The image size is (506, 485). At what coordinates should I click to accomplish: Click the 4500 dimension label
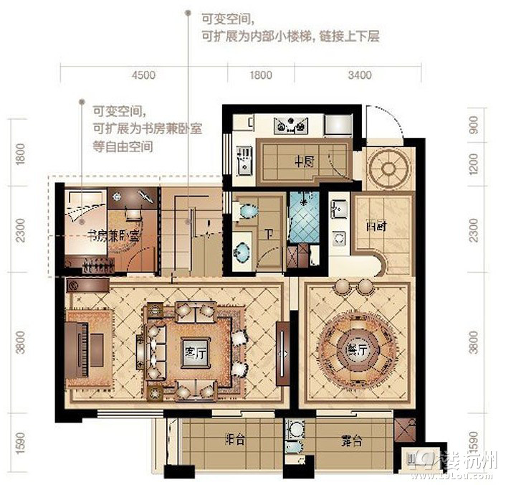click(144, 75)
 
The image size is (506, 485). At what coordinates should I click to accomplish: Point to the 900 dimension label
click(474, 126)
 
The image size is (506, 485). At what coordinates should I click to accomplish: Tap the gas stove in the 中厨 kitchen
click(292, 125)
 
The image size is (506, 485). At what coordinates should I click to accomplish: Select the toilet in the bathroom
click(247, 212)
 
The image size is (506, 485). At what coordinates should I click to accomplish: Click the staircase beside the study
click(191, 230)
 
